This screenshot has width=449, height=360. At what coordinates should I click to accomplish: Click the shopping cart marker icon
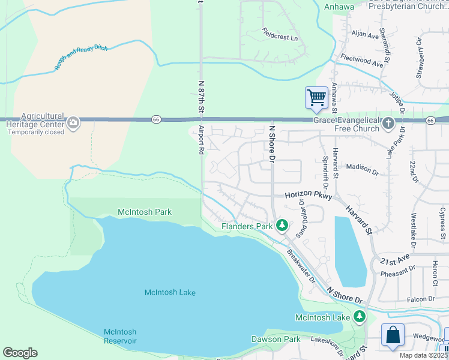[x=316, y=97]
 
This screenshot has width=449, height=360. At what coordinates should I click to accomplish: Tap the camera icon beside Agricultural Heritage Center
[x=73, y=123]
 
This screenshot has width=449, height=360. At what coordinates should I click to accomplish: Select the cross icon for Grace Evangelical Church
[x=388, y=124]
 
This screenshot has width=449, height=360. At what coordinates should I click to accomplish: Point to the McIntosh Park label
[x=145, y=212]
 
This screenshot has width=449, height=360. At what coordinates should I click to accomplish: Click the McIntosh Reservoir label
[x=120, y=336]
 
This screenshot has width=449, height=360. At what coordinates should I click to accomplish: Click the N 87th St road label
[x=200, y=95]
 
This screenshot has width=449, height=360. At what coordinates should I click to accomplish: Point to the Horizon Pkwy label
[x=309, y=196]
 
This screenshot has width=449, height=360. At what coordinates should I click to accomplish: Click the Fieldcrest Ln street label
[x=280, y=34]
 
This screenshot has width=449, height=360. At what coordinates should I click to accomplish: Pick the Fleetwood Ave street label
[x=362, y=61]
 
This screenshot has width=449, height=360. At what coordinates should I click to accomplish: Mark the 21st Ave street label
[x=394, y=259]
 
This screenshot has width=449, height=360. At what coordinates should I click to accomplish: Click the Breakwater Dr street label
[x=300, y=266]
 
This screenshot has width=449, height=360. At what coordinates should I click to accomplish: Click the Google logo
[x=20, y=353]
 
